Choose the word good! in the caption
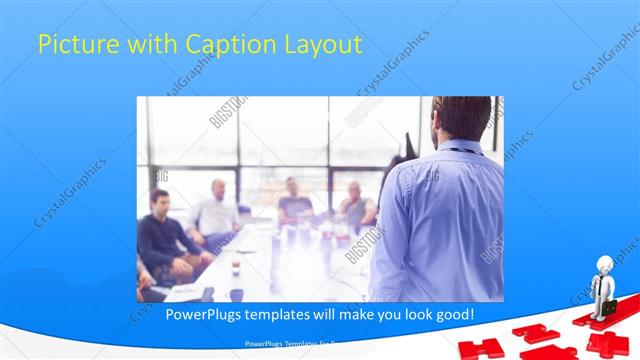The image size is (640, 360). pos(451,315)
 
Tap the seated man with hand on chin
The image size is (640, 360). pos(354,205)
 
